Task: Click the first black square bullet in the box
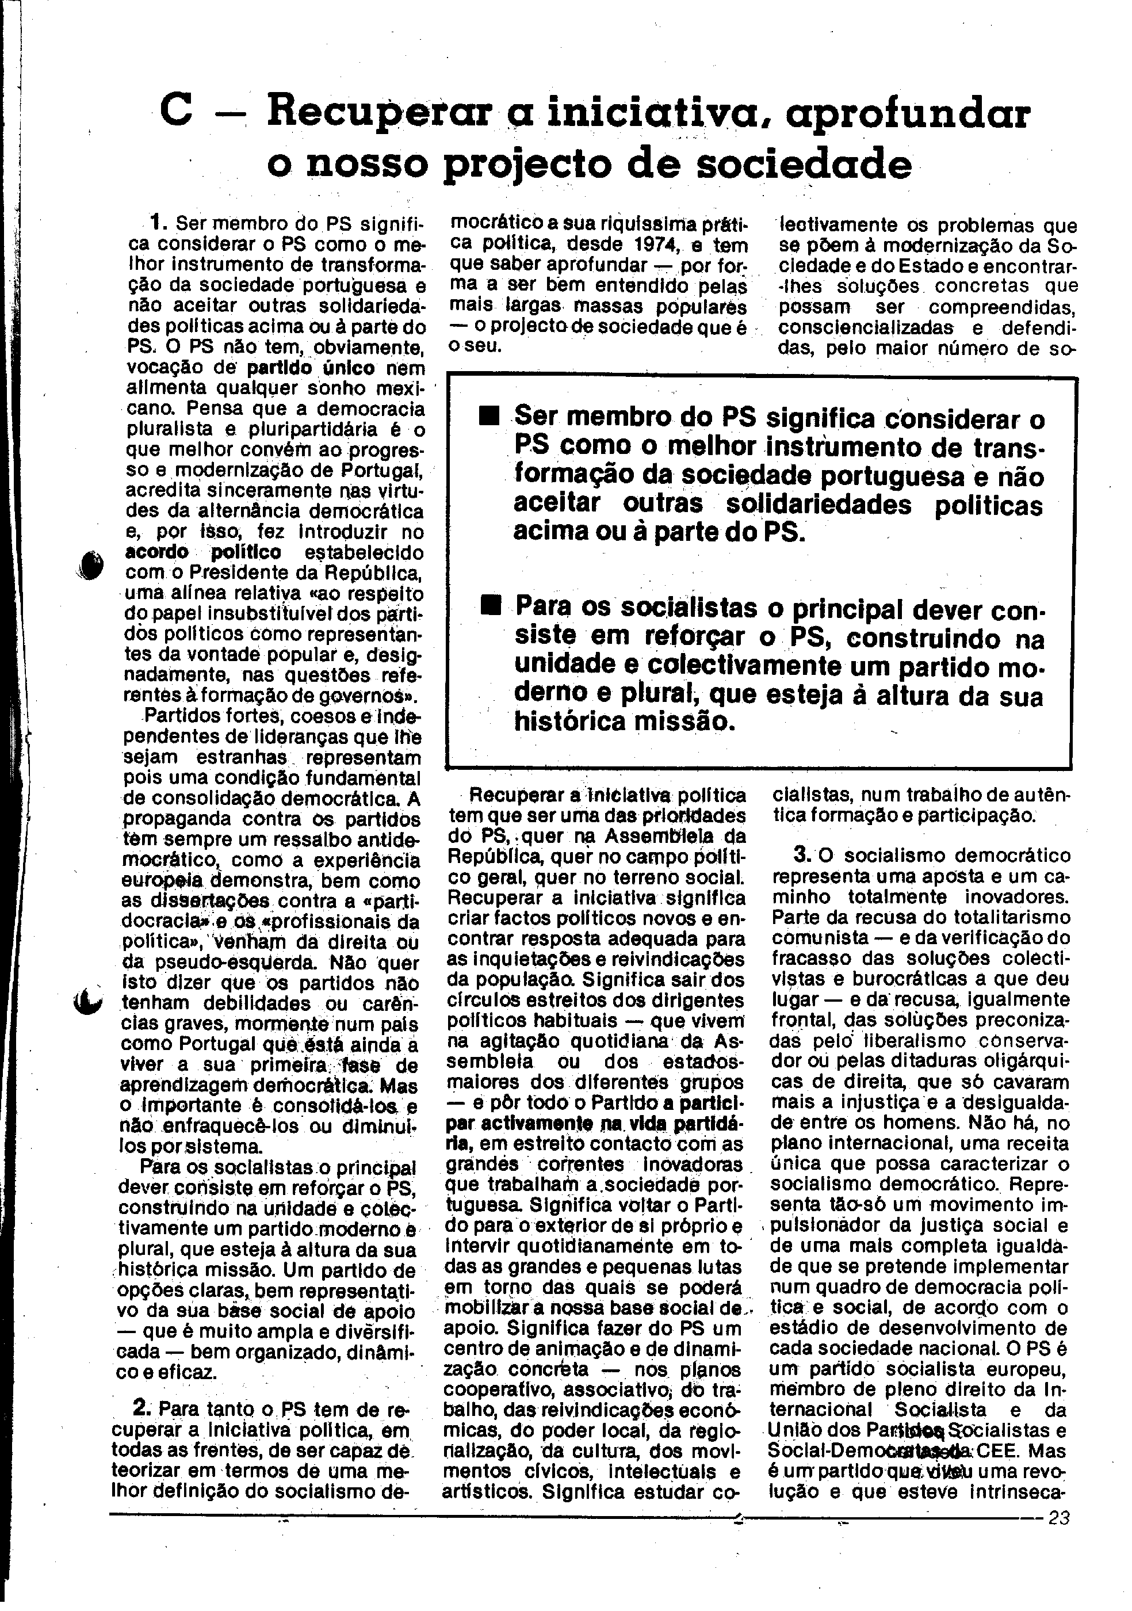tap(489, 418)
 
